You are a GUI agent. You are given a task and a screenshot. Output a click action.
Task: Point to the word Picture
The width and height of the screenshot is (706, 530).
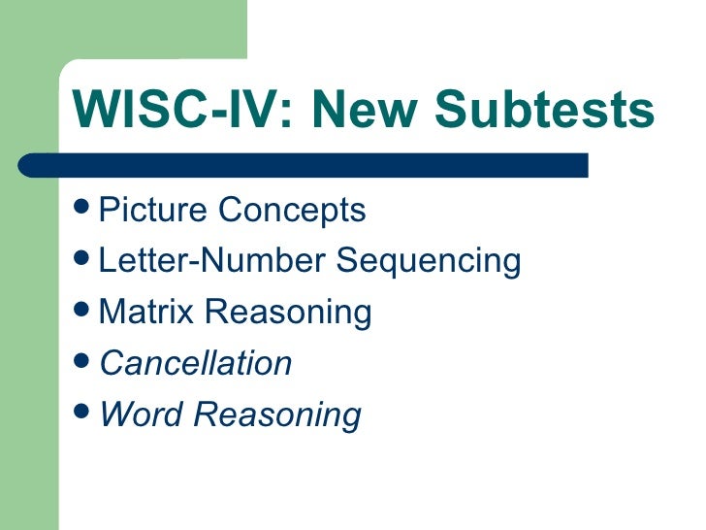click(154, 210)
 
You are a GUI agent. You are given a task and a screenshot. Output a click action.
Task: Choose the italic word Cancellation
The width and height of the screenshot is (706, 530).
click(196, 364)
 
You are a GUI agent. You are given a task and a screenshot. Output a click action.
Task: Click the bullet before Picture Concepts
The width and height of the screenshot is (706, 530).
click(84, 209)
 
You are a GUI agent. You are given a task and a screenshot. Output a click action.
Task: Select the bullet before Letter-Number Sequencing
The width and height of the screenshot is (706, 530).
click(84, 260)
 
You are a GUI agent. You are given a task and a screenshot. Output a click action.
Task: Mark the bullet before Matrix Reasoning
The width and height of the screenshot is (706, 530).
click(84, 312)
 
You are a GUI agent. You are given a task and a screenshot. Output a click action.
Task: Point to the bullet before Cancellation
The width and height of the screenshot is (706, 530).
click(84, 363)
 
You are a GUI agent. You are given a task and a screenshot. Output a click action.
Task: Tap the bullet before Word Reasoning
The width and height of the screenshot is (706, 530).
click(84, 414)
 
